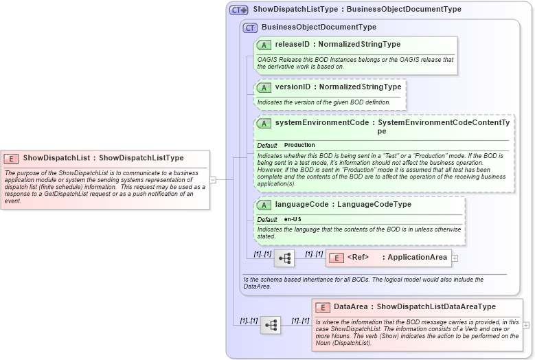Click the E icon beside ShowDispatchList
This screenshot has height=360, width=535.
(12, 158)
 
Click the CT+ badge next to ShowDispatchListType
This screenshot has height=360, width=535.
(239, 10)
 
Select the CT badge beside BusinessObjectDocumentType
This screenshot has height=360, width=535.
(250, 27)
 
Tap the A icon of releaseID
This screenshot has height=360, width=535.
(264, 45)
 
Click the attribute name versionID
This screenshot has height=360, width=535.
(292, 87)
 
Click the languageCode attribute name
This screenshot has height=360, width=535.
(301, 204)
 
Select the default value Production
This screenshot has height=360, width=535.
(299, 146)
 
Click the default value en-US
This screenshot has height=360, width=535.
(293, 219)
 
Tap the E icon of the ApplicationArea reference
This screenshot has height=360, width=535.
(336, 258)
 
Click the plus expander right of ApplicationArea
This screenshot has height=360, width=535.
(455, 258)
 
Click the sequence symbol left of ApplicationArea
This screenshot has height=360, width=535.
(284, 258)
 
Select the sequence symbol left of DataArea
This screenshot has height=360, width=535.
(271, 325)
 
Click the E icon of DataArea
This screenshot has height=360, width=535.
(322, 306)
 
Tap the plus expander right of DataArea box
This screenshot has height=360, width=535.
(526, 325)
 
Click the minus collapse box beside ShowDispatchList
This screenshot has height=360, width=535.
(213, 180)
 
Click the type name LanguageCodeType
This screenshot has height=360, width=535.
(374, 204)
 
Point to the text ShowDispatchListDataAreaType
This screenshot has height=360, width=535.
(436, 306)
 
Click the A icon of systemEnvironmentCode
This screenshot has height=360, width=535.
(264, 123)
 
